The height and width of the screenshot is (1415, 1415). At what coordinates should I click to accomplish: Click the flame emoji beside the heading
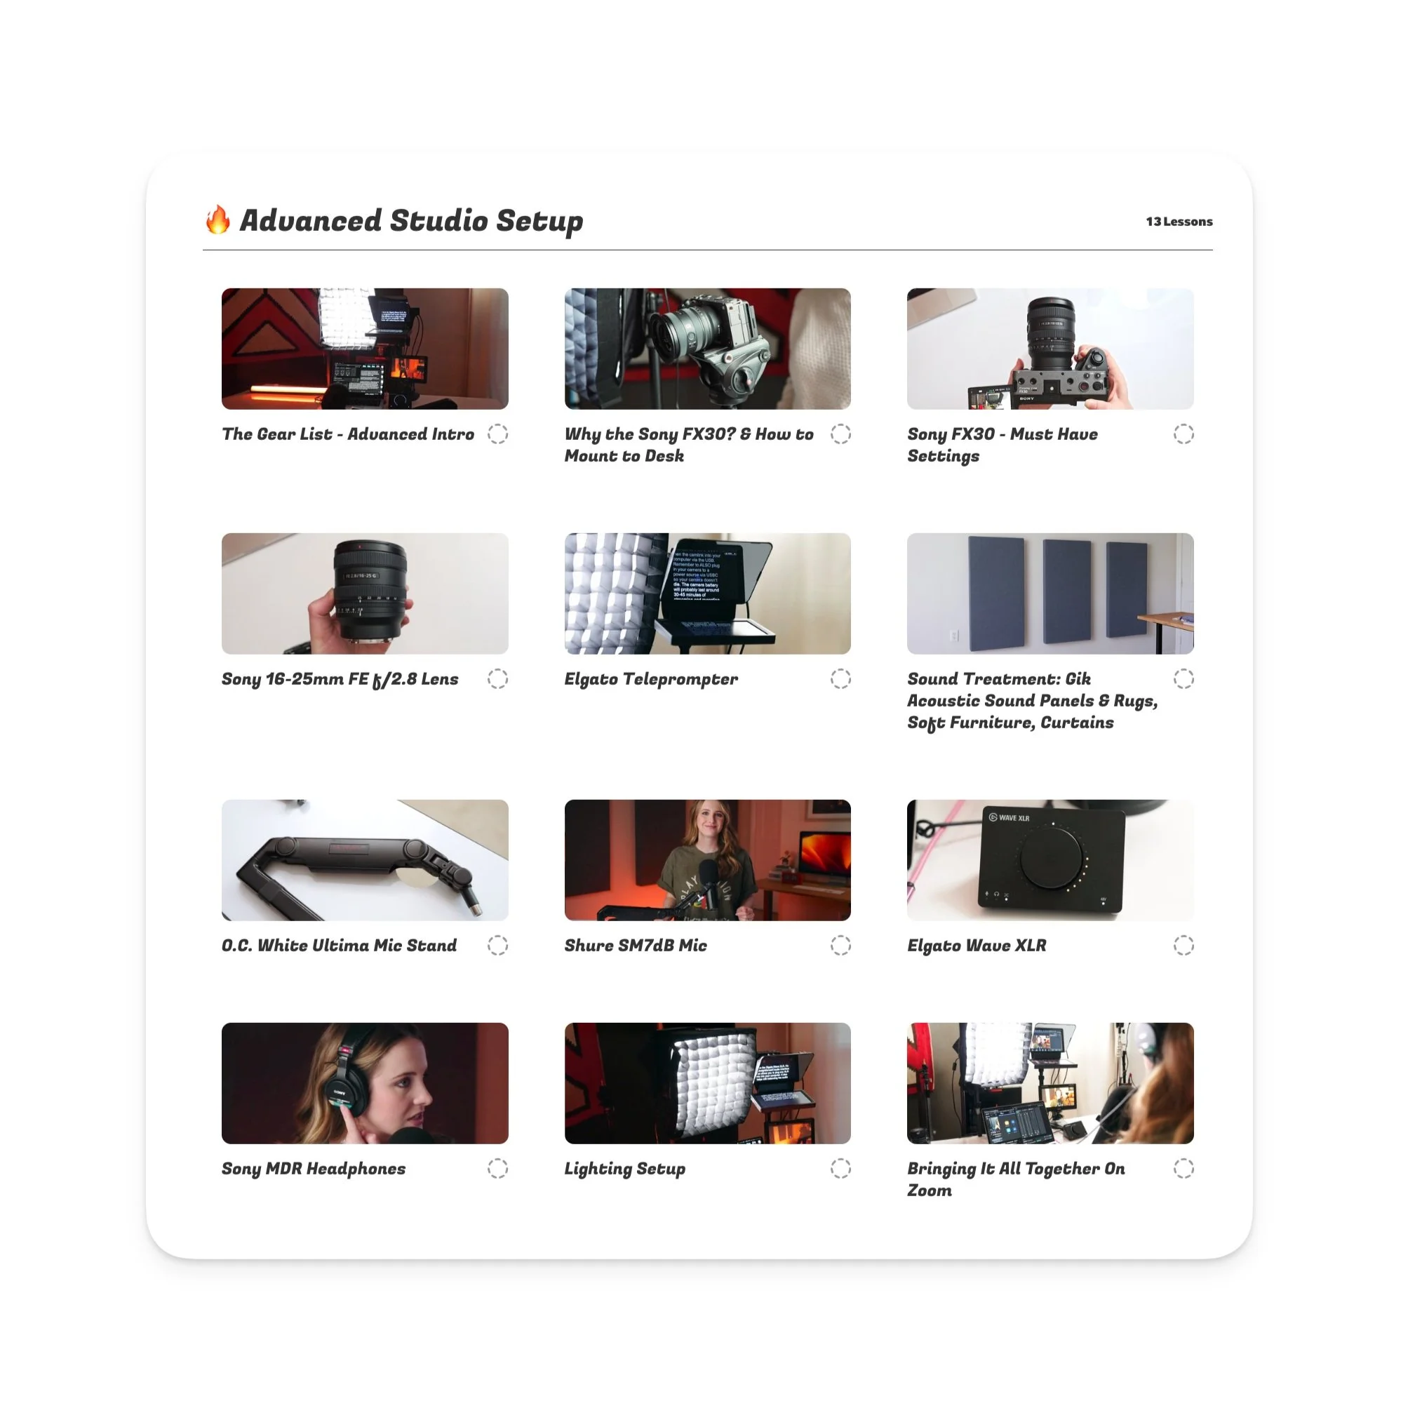[217, 220]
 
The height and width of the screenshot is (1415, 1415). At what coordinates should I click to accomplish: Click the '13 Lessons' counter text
[1179, 221]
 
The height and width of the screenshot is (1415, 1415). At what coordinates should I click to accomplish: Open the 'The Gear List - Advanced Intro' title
[348, 434]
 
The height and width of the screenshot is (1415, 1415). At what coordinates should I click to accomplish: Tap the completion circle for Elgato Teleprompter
[840, 679]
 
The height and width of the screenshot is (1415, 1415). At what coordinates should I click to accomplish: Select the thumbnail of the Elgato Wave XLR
[1049, 860]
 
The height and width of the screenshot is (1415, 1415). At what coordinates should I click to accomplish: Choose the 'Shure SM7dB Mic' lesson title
[635, 946]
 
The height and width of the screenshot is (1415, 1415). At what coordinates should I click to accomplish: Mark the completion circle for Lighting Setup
[840, 1168]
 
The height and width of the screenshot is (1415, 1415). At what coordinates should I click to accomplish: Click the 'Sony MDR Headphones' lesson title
[314, 1168]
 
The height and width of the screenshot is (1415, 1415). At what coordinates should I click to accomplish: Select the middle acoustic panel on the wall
[1066, 592]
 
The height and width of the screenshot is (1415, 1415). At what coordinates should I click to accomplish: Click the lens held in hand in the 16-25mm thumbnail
[370, 589]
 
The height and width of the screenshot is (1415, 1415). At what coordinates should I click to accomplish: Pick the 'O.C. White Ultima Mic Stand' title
[338, 946]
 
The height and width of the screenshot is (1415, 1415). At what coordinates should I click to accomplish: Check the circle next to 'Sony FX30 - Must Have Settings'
[1183, 434]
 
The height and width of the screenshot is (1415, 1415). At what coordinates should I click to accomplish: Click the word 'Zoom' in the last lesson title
[930, 1191]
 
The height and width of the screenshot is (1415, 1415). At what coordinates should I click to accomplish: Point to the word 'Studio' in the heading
[438, 220]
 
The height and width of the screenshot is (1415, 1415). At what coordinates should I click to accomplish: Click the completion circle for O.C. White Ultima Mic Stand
[497, 946]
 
